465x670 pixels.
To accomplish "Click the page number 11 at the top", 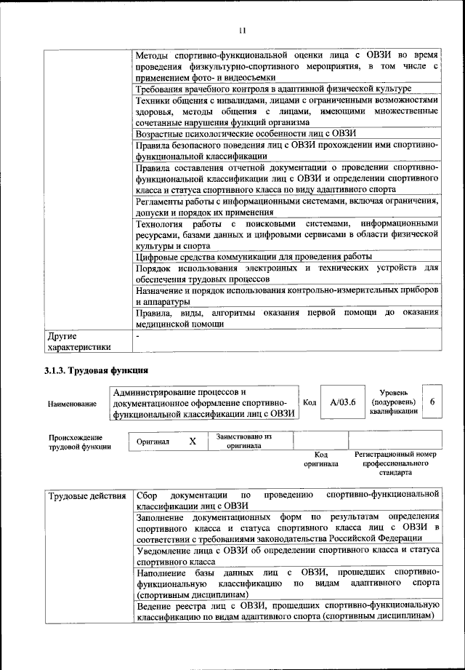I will pyautogui.click(x=242, y=31).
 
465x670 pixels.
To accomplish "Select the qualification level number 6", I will pyautogui.click(x=432, y=402).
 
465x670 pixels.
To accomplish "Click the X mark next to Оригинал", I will pyautogui.click(x=193, y=442).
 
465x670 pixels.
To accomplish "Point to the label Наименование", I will pyautogui.click(x=72, y=403).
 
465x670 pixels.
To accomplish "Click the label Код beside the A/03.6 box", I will pyautogui.click(x=309, y=402).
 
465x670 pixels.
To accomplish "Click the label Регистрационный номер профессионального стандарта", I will pyautogui.click(x=396, y=463).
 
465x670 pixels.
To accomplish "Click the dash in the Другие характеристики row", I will pyautogui.click(x=138, y=337).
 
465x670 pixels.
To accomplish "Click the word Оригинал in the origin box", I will pyautogui.click(x=153, y=442).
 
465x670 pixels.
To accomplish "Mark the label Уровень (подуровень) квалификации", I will pyautogui.click(x=392, y=402).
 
